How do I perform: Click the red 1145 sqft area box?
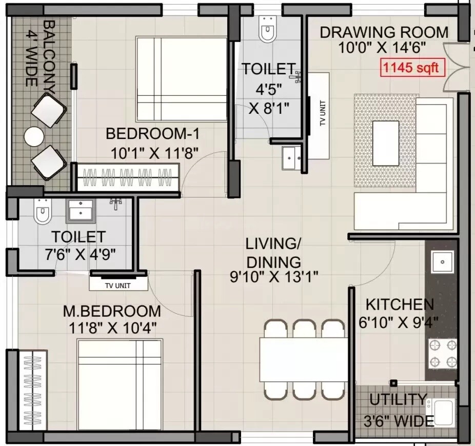click(x=411, y=68)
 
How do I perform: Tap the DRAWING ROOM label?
click(x=384, y=32)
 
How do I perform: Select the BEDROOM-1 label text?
click(x=152, y=134)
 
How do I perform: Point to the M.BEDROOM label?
click(x=112, y=311)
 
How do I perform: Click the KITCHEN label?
click(x=400, y=305)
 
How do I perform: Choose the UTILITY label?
click(x=398, y=399)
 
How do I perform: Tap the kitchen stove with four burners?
click(x=443, y=353)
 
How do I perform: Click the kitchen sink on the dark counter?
click(x=442, y=262)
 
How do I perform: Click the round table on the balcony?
click(x=34, y=137)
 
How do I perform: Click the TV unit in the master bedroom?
click(x=116, y=283)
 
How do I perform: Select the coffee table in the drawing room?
click(x=386, y=143)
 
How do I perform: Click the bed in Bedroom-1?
click(x=181, y=79)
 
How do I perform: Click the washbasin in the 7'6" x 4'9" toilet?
click(x=81, y=210)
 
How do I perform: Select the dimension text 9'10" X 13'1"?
click(x=274, y=276)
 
